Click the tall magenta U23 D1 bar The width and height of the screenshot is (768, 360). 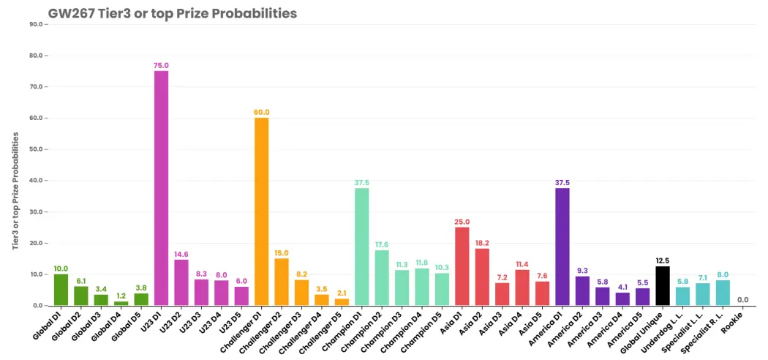[161, 188]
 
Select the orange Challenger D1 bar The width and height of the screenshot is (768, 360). [262, 211]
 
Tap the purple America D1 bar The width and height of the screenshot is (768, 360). [562, 247]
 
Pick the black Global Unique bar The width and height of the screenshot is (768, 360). [663, 286]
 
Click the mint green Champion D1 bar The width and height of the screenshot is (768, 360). [362, 247]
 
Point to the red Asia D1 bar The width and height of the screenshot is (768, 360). [462, 266]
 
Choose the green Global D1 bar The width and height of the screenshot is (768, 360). [61, 290]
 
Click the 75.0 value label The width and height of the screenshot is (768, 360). [161, 65]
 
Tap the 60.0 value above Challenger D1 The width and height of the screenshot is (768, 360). [262, 112]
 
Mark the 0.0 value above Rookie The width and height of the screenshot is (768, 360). [743, 300]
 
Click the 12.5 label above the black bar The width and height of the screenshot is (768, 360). [663, 260]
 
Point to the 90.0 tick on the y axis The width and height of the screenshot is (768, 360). [37, 24]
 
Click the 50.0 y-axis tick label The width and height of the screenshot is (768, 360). [37, 149]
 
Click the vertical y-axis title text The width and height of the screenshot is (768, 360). [15, 190]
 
